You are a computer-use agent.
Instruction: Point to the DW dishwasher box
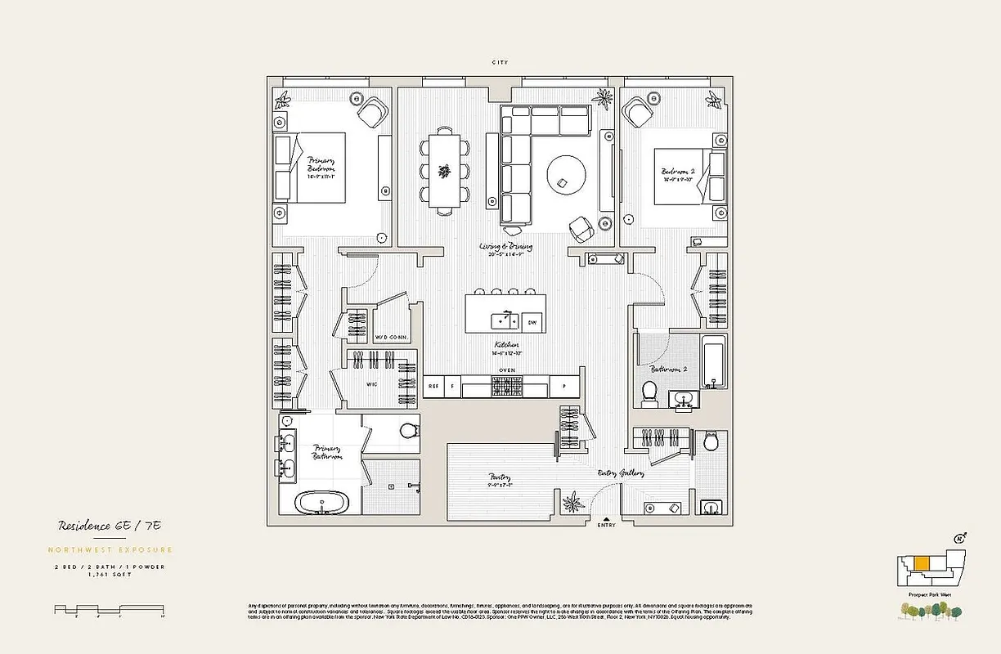coord(532,322)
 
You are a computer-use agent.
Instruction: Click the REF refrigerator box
coord(433,386)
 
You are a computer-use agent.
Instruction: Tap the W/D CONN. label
coord(391,338)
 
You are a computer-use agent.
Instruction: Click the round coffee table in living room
coord(566,173)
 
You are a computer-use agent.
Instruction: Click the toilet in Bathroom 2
coord(651,392)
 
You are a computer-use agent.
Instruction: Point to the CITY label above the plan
coord(500,62)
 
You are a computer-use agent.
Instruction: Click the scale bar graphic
coord(110,609)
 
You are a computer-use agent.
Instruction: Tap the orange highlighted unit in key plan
coord(921,563)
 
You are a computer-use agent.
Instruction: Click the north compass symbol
coord(961,537)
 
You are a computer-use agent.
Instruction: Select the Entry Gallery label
coord(621,473)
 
